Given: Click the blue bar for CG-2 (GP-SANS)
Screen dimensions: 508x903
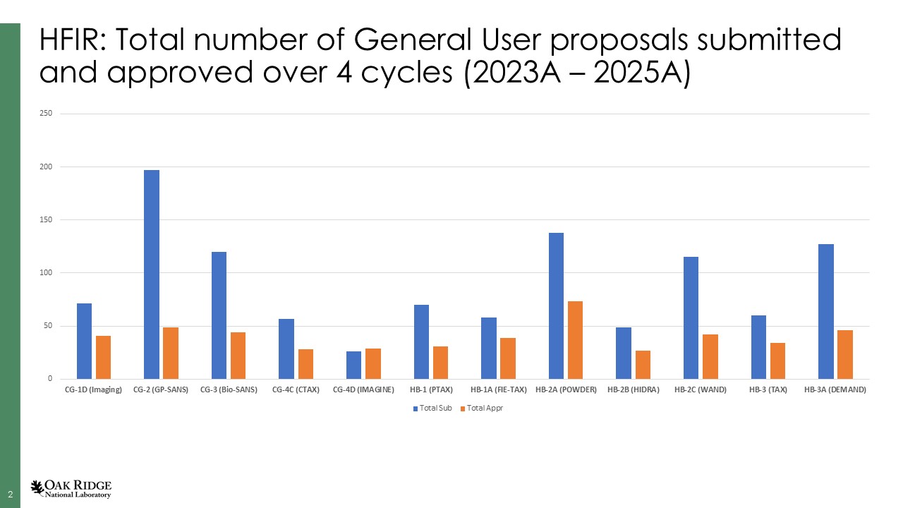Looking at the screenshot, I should [152, 274].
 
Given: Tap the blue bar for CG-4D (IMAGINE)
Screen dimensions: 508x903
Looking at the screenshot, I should [353, 365].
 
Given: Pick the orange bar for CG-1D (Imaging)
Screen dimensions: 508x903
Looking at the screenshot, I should [104, 357].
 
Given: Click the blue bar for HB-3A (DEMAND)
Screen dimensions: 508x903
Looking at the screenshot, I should [826, 311].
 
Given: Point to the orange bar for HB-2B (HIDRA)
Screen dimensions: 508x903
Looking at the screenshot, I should [643, 365].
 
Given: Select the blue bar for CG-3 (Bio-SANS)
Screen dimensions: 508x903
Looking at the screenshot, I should [219, 315].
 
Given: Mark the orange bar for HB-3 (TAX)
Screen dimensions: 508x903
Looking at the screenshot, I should [777, 361].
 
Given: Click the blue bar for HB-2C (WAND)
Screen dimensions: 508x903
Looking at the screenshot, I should [691, 317].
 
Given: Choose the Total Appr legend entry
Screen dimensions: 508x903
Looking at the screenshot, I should [481, 409].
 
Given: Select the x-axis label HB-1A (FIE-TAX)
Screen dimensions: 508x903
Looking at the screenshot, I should [498, 390].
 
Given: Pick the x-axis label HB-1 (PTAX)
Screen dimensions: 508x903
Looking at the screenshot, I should [431, 390].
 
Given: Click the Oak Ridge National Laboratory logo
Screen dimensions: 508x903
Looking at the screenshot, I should [71, 488].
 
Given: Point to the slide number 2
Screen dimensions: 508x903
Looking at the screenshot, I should [10, 494].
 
